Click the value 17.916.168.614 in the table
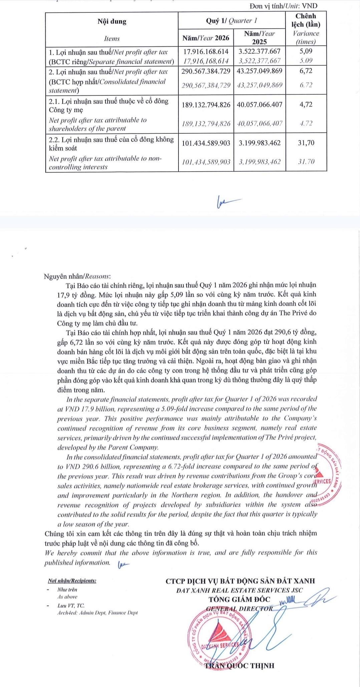tap(206, 51)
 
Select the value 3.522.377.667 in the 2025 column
tap(260, 51)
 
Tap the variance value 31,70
tap(306, 143)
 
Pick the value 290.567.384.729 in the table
tap(206, 71)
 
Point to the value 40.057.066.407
tap(260, 105)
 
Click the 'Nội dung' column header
tap(112, 22)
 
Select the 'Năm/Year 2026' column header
tap(206, 38)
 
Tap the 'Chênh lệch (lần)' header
tap(306, 20)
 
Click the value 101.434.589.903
tap(206, 143)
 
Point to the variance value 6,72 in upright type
tap(306, 71)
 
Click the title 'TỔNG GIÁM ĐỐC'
tap(240, 599)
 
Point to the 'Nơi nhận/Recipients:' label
tap(72, 581)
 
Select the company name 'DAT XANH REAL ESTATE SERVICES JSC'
tap(240, 590)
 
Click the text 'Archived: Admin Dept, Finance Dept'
tap(97, 613)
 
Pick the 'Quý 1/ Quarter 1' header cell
tap(232, 21)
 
